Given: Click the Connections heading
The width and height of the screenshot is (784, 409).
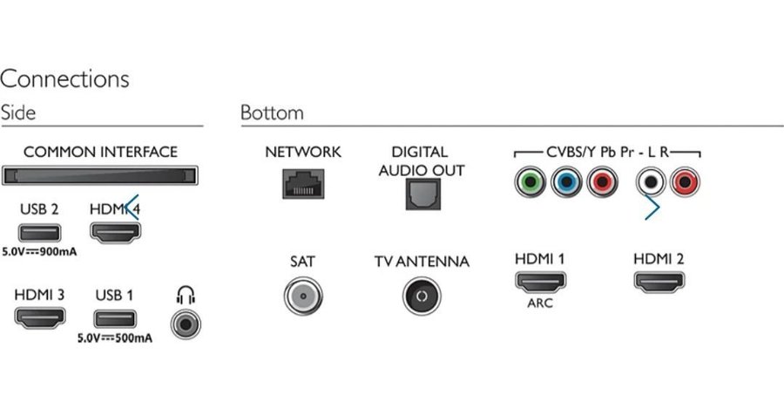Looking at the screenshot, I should coord(64,78).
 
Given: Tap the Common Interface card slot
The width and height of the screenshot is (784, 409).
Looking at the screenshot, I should coord(101,175).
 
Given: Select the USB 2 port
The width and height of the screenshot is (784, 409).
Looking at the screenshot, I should coord(38,233).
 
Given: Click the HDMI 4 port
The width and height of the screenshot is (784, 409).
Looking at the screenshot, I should coord(116,233).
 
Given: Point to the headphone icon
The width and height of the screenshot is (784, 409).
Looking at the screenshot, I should coord(186,295).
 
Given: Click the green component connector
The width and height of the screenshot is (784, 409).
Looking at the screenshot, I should coord(528,183).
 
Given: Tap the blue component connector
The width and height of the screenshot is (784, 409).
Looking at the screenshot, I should coord(565,183).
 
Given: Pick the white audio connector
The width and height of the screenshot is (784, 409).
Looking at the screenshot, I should coord(651,183).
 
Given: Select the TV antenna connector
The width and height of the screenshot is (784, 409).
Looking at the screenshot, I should coord(421,298).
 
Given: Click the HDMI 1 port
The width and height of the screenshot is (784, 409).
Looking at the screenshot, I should coord(539,283).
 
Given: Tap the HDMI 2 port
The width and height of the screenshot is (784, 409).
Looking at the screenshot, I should coord(659,283).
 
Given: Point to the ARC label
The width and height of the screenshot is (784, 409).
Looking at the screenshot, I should coord(539,304).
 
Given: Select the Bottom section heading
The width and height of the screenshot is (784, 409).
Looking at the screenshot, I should coord(272,113).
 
